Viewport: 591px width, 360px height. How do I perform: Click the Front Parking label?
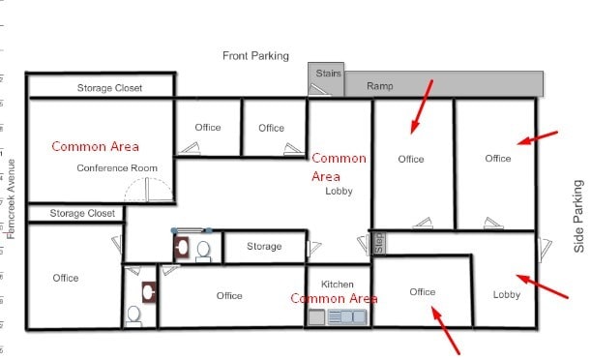[255, 55]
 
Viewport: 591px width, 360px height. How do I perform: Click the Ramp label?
[380, 86]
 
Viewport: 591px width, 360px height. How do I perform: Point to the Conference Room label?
[117, 167]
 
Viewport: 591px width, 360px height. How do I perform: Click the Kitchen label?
[338, 284]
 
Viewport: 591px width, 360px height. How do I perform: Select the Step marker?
[380, 241]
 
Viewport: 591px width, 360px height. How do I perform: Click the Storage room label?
[264, 247]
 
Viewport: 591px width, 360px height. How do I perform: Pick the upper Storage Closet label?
[109, 88]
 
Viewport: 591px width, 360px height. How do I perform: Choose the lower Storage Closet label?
[82, 213]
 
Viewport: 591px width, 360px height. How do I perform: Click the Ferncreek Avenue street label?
[11, 197]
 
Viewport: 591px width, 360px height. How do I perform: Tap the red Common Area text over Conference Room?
[95, 146]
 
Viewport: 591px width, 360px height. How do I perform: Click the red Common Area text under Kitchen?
[334, 298]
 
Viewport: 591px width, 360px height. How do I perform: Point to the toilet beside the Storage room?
[203, 250]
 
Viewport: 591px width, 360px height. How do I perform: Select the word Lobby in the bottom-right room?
[507, 294]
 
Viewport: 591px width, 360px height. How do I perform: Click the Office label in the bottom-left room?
[66, 278]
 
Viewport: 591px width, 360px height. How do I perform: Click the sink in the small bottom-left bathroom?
[147, 289]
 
